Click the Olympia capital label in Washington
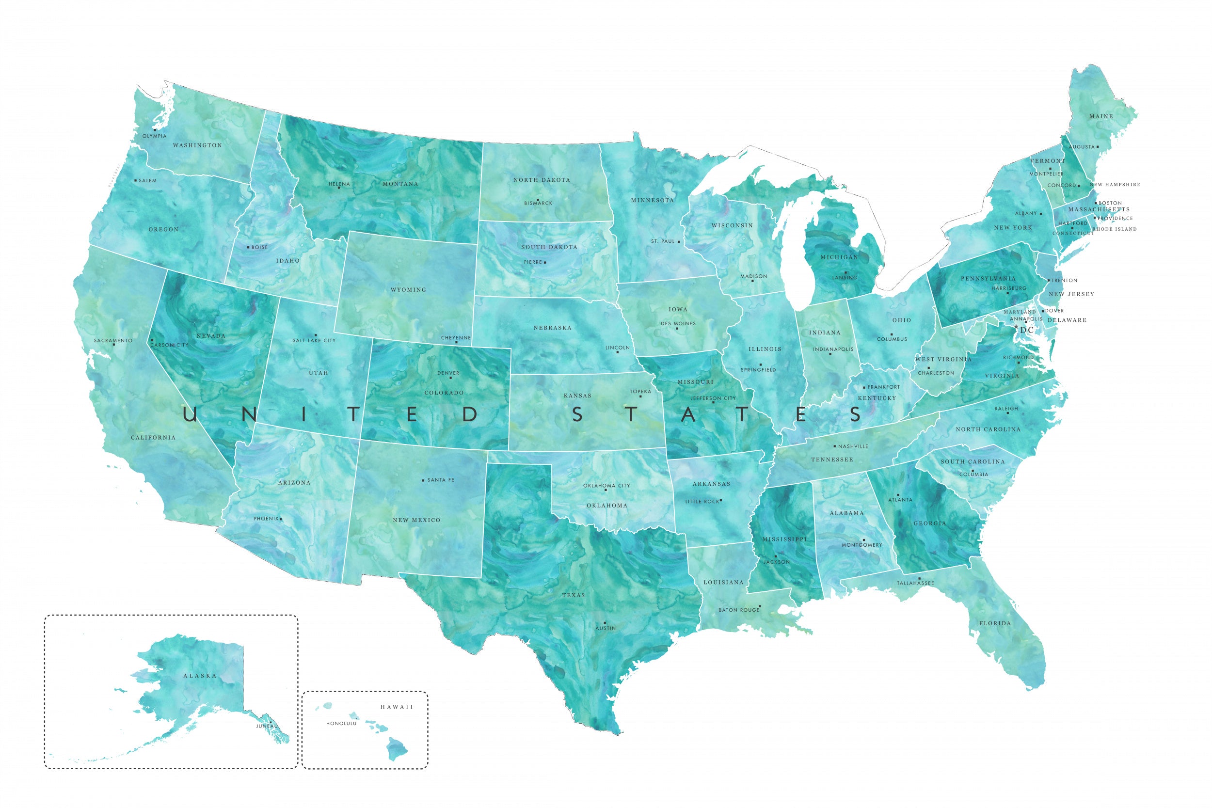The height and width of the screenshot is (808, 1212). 155,136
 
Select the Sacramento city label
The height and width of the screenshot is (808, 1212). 113,341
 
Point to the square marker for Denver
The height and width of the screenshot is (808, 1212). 450,378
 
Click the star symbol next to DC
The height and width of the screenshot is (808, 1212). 1016,327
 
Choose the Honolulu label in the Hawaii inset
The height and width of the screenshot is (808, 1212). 341,724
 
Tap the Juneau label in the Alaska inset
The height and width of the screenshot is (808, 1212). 267,726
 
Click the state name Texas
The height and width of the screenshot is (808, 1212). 574,595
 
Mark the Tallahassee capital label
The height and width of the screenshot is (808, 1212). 915,583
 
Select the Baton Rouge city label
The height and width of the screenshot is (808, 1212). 739,610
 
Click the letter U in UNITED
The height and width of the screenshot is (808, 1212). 190,414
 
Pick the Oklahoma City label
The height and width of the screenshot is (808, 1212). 606,485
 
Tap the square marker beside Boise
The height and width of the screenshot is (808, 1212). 248,247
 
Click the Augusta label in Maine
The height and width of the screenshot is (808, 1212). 1081,147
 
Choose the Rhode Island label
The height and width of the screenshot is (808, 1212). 1114,229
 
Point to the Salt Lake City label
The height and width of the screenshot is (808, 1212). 314,341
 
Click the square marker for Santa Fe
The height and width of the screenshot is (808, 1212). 423,480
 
